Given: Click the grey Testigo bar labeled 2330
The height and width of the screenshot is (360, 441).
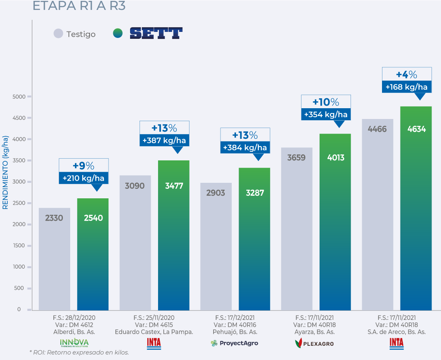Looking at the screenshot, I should tap(54, 259).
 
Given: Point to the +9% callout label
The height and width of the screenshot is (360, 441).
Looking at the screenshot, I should tap(84, 166).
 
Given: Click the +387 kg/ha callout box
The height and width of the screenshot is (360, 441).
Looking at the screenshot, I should tap(164, 141).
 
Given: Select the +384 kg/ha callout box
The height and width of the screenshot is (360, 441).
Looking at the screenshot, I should tap(245, 147).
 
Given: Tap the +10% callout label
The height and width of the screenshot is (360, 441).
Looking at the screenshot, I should tap(326, 102).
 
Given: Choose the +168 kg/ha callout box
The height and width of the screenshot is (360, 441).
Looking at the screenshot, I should tap(407, 87).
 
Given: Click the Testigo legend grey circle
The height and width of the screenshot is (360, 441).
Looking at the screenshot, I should tap(59, 34).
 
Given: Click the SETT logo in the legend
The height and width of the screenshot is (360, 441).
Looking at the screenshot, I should tap(156, 34).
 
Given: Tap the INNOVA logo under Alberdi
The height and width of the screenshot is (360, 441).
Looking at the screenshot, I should tap(74, 343).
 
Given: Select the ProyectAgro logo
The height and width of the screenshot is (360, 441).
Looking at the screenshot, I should tap(234, 343).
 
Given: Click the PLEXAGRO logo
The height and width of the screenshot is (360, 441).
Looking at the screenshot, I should tap(314, 343).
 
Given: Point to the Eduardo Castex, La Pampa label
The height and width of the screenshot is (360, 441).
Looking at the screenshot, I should tap(154, 332).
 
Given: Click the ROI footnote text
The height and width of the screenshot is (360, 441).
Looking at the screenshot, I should tap(79, 352).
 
